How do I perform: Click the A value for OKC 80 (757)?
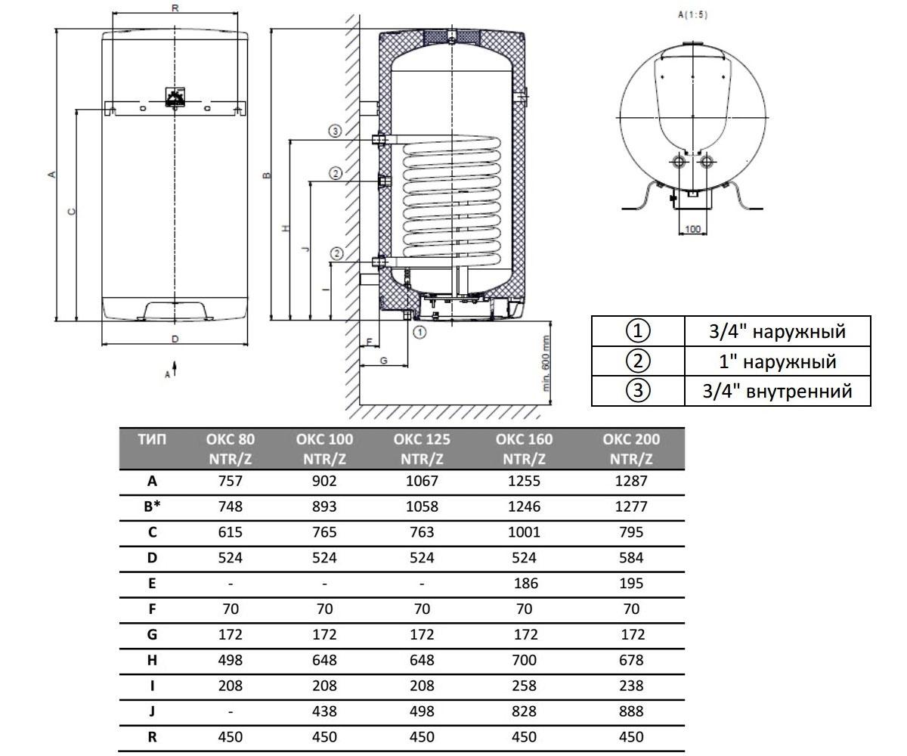tap(231, 481)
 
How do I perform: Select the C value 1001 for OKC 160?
tap(524, 532)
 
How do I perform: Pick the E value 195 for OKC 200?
tap(630, 584)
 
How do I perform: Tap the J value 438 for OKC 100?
tap(324, 711)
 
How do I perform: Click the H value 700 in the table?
tap(524, 660)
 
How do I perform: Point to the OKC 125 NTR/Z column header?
tap(421, 449)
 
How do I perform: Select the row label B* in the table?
tap(152, 507)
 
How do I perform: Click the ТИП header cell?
tap(152, 439)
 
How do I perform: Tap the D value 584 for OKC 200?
tap(630, 558)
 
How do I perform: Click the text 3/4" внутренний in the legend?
tap(777, 391)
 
